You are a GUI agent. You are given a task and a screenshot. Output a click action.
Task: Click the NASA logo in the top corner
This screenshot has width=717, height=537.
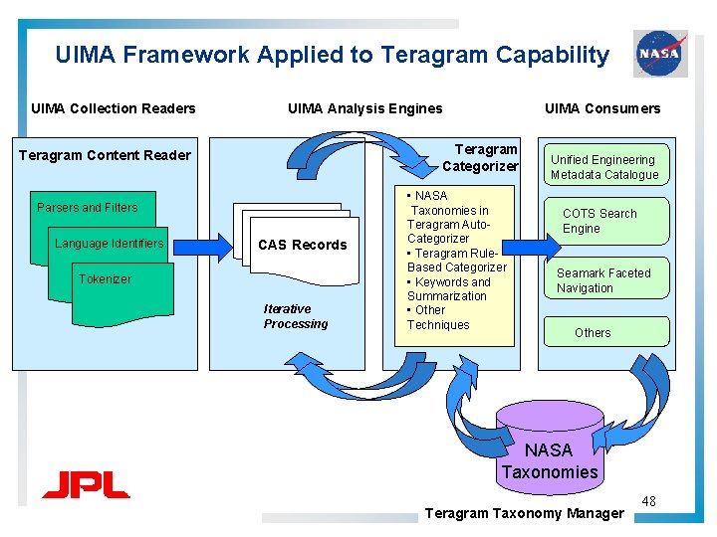point(659,53)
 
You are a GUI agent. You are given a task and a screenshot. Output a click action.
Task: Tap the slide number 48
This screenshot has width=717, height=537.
point(648,502)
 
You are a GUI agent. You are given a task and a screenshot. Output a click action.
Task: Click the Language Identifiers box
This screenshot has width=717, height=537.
point(110,244)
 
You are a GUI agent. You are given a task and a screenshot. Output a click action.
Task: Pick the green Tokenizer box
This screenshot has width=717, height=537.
point(119,283)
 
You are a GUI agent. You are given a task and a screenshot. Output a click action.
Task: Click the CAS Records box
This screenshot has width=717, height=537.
point(302,245)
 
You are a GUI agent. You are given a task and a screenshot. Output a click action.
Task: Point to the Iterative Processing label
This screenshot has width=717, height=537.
point(295,316)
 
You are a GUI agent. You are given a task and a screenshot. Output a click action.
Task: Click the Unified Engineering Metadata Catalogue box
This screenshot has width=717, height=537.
point(604,166)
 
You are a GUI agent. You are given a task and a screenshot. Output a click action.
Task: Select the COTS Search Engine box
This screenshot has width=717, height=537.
point(599,221)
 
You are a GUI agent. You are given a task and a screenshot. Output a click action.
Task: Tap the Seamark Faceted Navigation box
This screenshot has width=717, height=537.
point(603,280)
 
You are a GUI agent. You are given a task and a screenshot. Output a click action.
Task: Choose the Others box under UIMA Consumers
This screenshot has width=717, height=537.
point(594,332)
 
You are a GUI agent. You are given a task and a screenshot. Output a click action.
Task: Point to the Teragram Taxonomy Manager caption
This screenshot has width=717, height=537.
point(524,513)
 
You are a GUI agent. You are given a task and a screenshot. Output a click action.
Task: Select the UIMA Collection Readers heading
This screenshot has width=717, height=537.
point(114,108)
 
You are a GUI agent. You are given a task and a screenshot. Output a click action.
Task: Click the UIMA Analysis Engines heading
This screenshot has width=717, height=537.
point(364,108)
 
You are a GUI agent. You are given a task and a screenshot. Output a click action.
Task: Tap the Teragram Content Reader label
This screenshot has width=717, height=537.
point(105,155)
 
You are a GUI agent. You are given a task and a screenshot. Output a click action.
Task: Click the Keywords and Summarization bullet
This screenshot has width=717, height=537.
point(449,288)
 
